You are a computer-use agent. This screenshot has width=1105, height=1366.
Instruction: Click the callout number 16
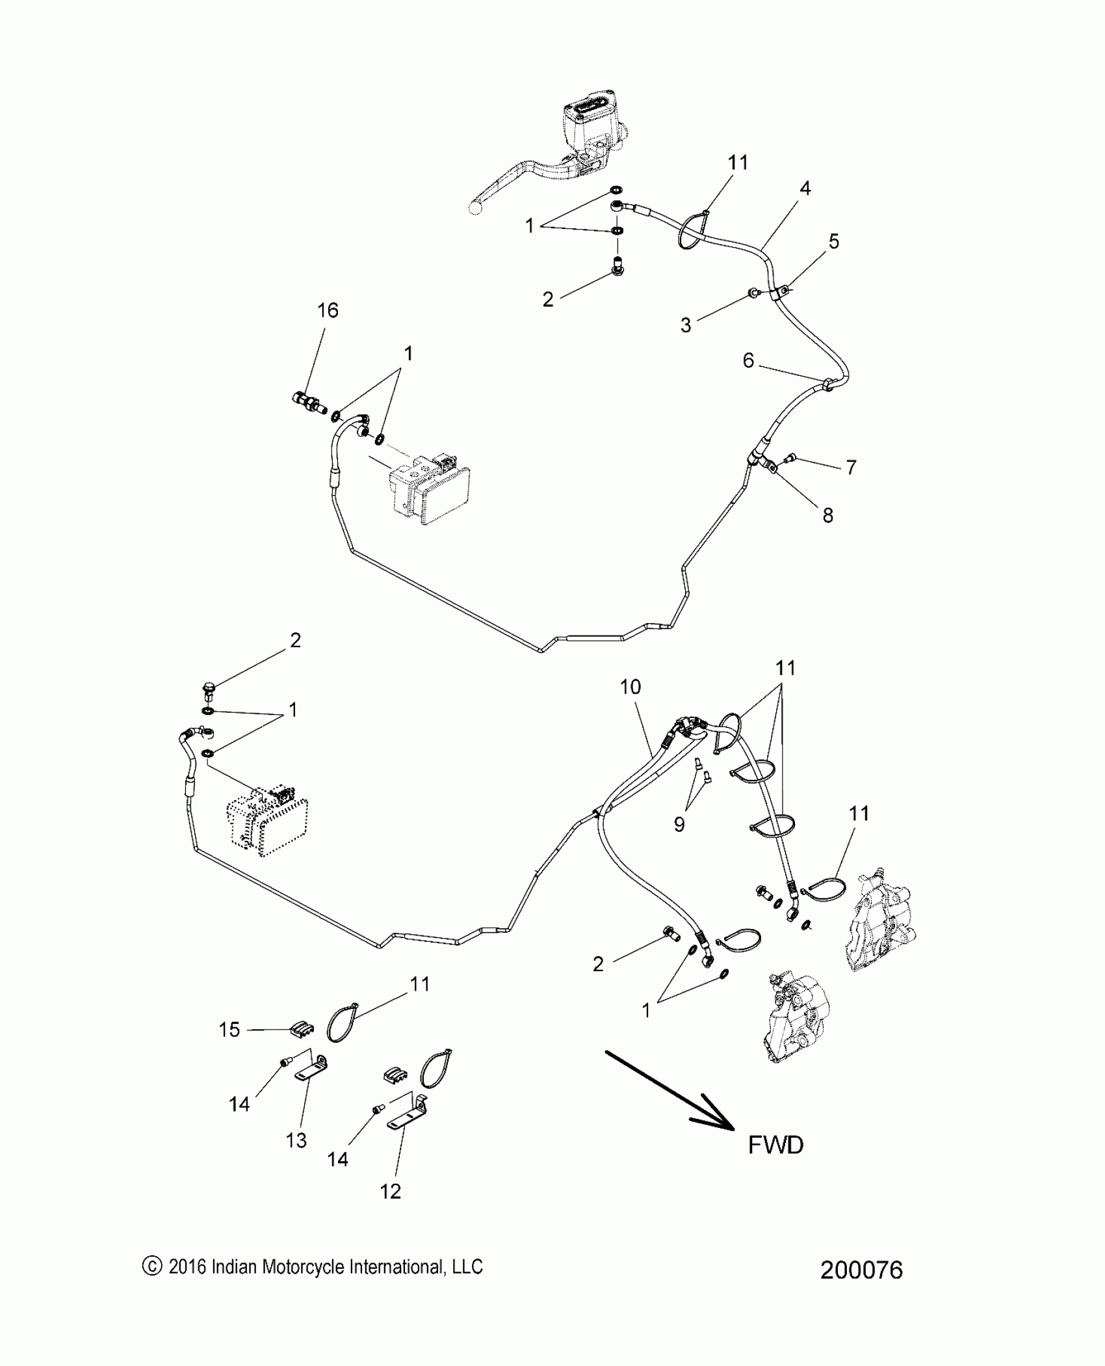pyautogui.click(x=328, y=310)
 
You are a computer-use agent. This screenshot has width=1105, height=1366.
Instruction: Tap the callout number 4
pyautogui.click(x=805, y=189)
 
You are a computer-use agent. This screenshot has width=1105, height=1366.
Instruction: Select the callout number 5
pyautogui.click(x=834, y=241)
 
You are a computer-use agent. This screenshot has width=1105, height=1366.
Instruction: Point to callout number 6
pyautogui.click(x=748, y=360)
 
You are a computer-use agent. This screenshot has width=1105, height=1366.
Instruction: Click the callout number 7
pyautogui.click(x=851, y=467)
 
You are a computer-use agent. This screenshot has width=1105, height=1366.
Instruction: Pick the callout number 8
pyautogui.click(x=827, y=515)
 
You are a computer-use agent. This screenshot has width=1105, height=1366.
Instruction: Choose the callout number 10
pyautogui.click(x=630, y=686)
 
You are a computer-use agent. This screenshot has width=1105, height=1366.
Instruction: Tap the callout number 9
pyautogui.click(x=679, y=825)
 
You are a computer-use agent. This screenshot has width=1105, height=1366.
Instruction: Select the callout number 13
pyautogui.click(x=296, y=1140)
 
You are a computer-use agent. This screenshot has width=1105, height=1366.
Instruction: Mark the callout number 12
pyautogui.click(x=391, y=1192)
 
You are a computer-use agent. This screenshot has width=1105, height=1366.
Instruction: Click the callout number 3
pyautogui.click(x=686, y=325)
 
